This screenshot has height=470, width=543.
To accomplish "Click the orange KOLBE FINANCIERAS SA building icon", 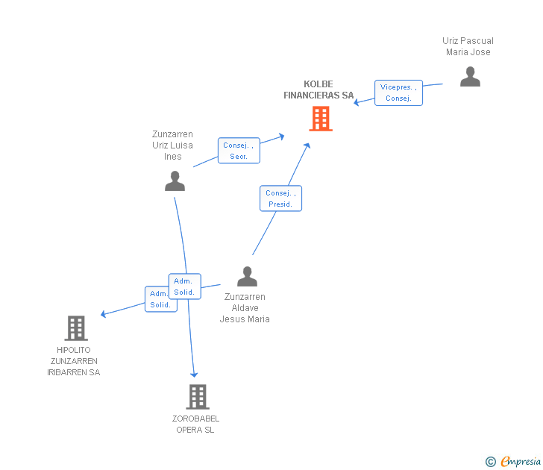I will pyautogui.click(x=320, y=119).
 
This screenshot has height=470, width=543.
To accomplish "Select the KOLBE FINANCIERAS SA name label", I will pyautogui.click(x=318, y=90).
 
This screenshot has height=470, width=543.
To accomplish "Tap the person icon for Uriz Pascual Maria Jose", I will pyautogui.click(x=470, y=77).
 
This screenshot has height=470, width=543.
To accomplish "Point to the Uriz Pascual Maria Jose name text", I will pyautogui.click(x=468, y=46).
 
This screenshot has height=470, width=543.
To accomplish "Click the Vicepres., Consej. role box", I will pyautogui.click(x=398, y=93).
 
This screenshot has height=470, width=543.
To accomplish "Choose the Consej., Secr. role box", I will pyautogui.click(x=239, y=151).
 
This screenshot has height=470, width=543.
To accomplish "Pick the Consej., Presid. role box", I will pyautogui.click(x=280, y=198).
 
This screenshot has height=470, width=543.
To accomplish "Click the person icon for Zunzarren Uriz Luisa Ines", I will pyautogui.click(x=175, y=181).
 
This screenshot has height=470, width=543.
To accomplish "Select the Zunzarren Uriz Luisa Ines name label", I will pyautogui.click(x=172, y=145).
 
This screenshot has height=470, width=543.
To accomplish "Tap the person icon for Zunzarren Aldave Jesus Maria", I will pyautogui.click(x=247, y=277).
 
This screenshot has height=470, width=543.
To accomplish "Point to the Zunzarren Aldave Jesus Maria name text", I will pyautogui.click(x=245, y=308).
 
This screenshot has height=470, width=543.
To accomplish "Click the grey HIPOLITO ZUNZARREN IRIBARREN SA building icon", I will pyautogui.click(x=75, y=328).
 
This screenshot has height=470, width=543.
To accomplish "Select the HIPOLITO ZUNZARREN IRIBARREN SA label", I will pyautogui.click(x=73, y=361).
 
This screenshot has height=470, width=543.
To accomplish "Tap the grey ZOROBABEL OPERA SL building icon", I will pyautogui.click(x=197, y=396).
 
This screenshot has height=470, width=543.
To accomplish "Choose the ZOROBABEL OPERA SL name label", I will pyautogui.click(x=195, y=424).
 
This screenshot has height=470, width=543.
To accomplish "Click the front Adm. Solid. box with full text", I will pyautogui.click(x=184, y=286).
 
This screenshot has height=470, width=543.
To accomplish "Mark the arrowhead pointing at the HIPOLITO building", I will pyautogui.click(x=104, y=314).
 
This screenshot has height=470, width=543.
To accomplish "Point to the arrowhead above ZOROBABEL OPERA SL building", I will pyautogui.click(x=194, y=374).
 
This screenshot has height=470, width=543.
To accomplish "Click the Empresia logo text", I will pyautogui.click(x=520, y=461).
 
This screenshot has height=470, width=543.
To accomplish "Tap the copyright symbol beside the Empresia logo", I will pyautogui.click(x=490, y=462).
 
